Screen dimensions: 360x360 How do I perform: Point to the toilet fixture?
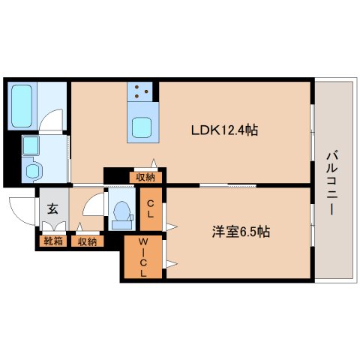coord(120,213)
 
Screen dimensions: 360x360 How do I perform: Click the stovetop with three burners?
coord(142,93)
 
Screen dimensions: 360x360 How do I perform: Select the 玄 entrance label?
coord(52,209)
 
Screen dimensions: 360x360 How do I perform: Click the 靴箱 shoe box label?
coord(52,241)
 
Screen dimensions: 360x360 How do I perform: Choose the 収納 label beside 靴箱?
coord(87,241)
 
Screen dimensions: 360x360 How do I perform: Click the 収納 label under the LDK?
coord(145,177)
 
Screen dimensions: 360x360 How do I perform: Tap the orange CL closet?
coord(150,208)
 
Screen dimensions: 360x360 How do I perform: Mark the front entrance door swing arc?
coord(20,206)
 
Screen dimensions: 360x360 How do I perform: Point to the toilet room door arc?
coord(91,205)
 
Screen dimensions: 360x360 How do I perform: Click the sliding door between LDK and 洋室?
coord(225,184)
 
